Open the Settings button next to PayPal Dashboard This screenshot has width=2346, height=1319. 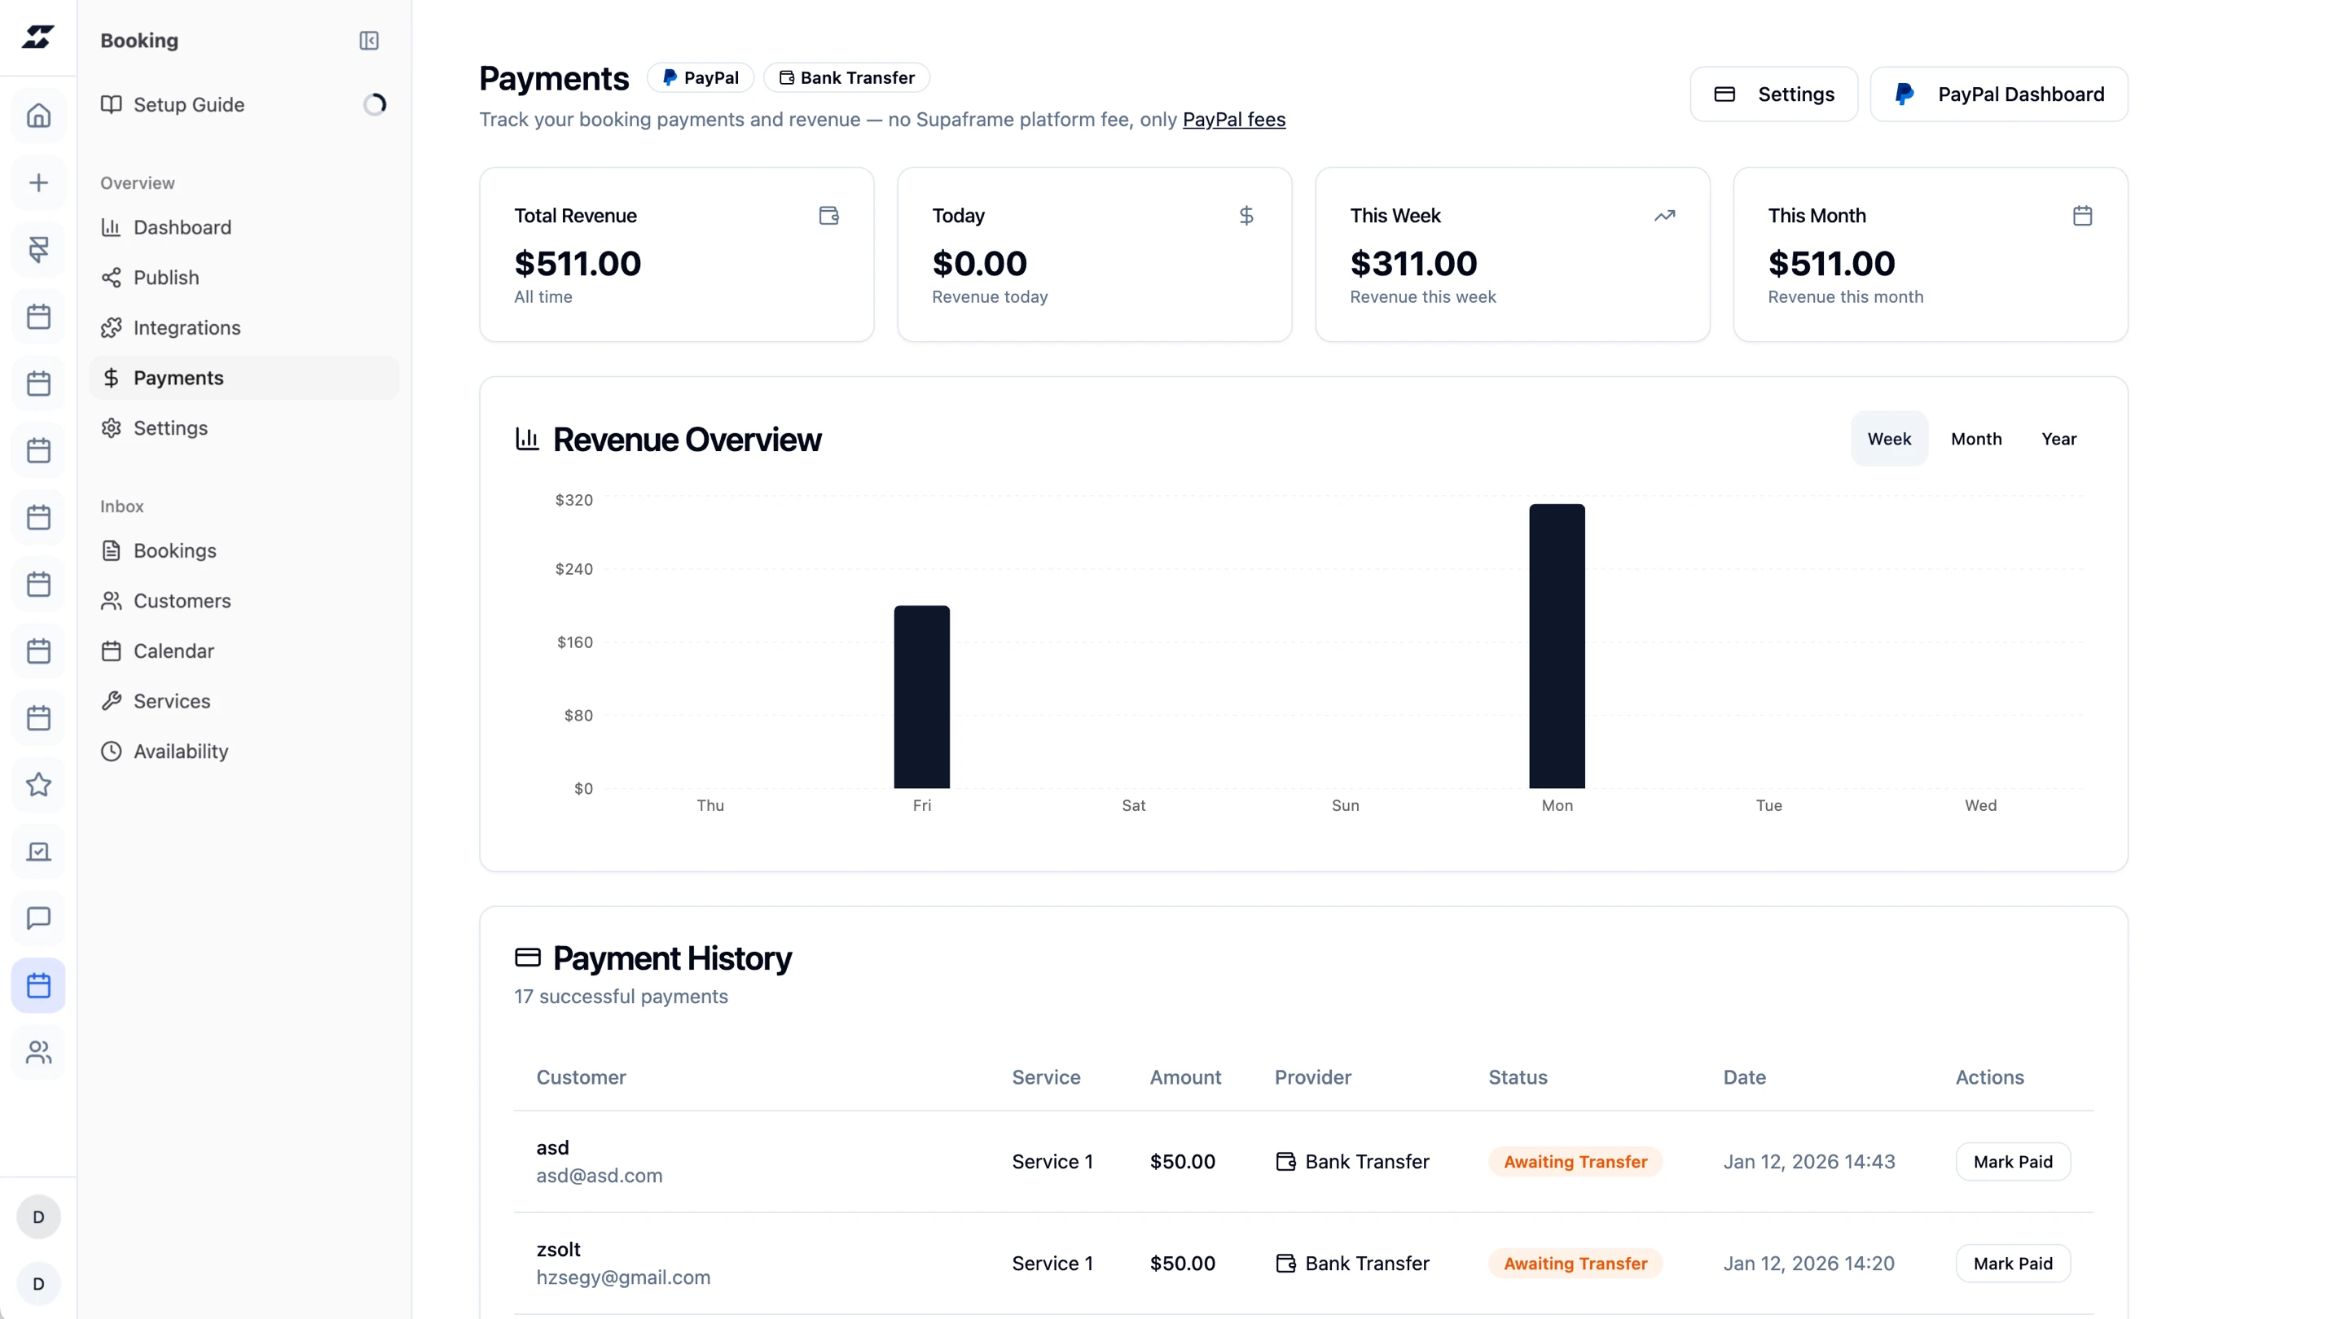(1773, 94)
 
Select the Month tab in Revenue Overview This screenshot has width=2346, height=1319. (1975, 439)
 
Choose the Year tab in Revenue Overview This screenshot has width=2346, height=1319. (2058, 439)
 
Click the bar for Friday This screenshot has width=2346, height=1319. (921, 696)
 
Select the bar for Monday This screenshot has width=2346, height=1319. (1557, 646)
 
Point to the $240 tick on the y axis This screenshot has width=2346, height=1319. (573, 569)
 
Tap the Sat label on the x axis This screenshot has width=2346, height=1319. (1133, 805)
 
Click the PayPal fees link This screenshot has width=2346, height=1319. (1233, 119)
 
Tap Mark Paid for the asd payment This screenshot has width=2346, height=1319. (2013, 1162)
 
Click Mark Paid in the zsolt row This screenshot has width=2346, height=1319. (2013, 1264)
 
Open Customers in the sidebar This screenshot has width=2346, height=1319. (182, 601)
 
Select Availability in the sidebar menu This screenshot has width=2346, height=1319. (180, 751)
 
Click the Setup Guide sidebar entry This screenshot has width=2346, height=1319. (188, 105)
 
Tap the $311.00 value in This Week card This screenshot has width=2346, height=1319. (1413, 264)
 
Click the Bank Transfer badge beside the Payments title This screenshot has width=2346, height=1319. (846, 77)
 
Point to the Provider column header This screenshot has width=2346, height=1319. (1312, 1077)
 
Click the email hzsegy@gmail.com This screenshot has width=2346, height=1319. (623, 1277)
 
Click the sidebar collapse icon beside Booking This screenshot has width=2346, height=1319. (369, 41)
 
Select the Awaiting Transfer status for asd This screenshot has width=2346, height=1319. (1575, 1162)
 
